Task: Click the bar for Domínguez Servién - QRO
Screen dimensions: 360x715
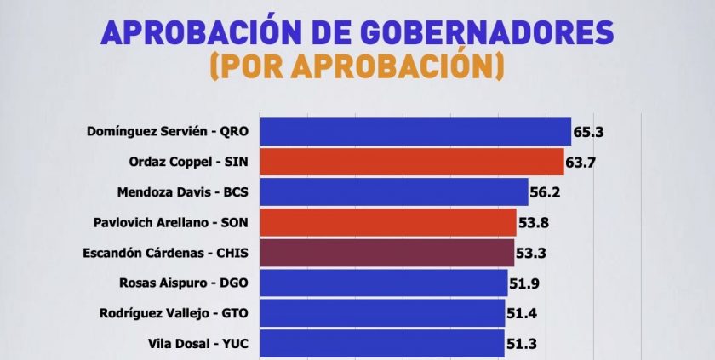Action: point(415,132)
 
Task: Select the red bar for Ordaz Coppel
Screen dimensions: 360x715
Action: point(411,162)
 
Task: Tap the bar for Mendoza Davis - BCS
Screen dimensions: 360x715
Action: point(393,192)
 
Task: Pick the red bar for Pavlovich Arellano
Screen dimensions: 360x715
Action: point(387,222)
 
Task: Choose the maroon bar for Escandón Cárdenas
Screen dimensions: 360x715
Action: point(386,253)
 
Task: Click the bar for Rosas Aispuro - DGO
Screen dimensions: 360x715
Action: point(383,283)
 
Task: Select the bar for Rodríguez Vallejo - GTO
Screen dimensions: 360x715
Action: point(381,313)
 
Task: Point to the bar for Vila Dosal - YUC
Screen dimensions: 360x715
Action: point(381,343)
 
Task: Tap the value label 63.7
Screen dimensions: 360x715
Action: point(581,162)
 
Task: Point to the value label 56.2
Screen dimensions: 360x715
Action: point(546,192)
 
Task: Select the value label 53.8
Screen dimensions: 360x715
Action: point(534,222)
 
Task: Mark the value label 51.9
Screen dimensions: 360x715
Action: point(525,283)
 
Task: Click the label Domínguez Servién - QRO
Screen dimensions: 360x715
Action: point(168,132)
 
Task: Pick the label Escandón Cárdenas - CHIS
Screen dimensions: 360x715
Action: point(165,253)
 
